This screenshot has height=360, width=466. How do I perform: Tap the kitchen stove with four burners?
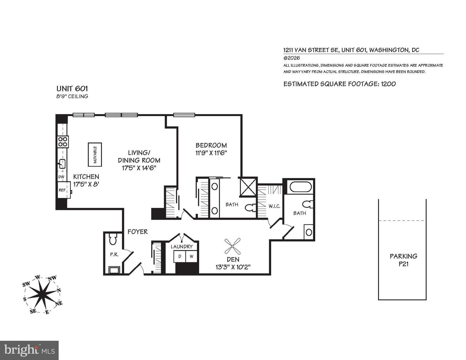tap(63, 142)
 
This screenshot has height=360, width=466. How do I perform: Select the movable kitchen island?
tap(95, 155)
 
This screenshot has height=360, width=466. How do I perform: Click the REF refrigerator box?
tap(62, 190)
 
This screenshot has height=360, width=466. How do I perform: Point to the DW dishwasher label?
tap(61, 177)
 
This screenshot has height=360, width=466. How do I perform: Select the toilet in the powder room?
tap(113, 239)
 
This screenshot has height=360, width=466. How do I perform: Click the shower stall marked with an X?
tap(248, 187)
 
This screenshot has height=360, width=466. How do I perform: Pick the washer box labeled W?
tap(192, 256)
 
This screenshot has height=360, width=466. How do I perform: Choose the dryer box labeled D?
tap(180, 256)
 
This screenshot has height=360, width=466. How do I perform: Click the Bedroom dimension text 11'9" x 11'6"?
tap(211, 153)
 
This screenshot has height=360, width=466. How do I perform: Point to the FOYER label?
tap(138, 232)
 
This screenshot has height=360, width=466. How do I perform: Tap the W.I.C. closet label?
tap(274, 206)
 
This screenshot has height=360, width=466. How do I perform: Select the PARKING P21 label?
tap(403, 260)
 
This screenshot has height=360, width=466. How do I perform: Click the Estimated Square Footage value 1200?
tap(388, 84)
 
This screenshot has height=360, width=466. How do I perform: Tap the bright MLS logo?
tap(29, 350)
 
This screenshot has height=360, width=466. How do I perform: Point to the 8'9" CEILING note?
tap(72, 96)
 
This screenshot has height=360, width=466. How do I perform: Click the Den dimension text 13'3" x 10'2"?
tap(233, 267)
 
